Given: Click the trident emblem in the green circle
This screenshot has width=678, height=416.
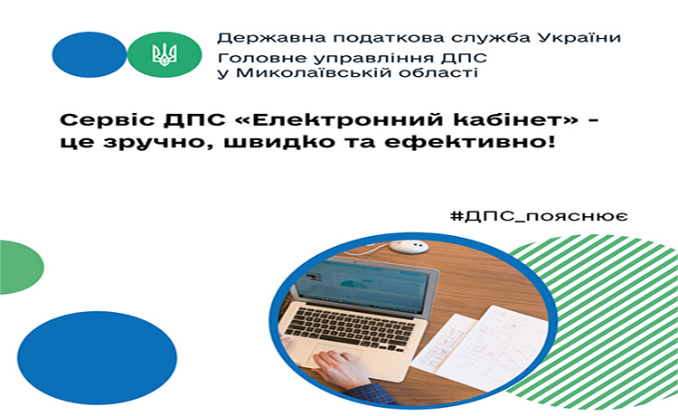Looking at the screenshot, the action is pyautogui.click(x=165, y=55).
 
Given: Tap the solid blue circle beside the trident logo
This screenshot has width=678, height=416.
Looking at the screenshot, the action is pyautogui.click(x=89, y=54).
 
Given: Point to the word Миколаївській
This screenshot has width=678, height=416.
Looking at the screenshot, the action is pyautogui.click(x=315, y=71).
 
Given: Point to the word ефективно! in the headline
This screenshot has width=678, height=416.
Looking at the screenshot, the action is pyautogui.click(x=469, y=142).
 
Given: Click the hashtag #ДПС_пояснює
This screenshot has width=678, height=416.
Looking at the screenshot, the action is pyautogui.click(x=539, y=215).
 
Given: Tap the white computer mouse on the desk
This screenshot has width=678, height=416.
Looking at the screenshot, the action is pyautogui.click(x=409, y=247).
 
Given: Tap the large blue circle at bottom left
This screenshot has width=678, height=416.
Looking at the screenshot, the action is pyautogui.click(x=98, y=358).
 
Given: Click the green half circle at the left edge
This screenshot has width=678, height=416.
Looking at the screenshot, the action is pyautogui.click(x=21, y=268).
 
